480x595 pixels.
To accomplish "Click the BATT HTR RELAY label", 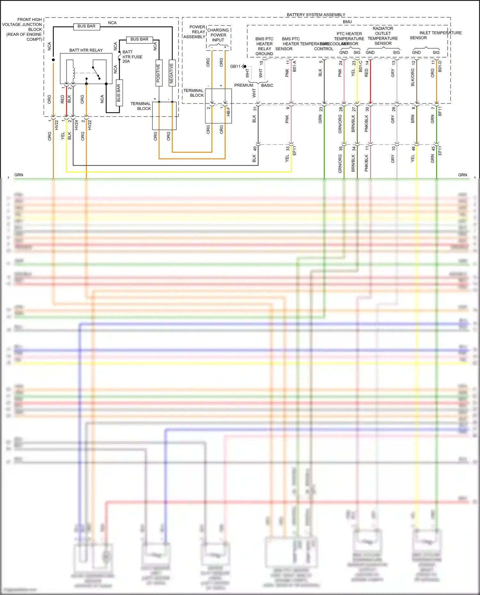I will (x=86, y=50).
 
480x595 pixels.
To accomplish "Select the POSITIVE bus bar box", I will (x=159, y=73).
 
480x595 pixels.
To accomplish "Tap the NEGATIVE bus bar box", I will (x=172, y=73).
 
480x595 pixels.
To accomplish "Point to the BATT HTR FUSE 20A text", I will (x=132, y=57).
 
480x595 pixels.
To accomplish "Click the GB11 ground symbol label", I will (x=235, y=67).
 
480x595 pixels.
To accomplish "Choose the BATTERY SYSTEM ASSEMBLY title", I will (x=316, y=15).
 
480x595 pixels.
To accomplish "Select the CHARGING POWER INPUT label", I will (x=218, y=35).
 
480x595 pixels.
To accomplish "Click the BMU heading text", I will (x=347, y=22).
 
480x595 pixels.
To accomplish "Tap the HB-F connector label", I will (x=228, y=111).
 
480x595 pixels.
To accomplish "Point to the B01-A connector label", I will (x=294, y=66).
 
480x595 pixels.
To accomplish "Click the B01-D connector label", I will (x=440, y=66).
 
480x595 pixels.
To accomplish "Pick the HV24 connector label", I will (x=76, y=125).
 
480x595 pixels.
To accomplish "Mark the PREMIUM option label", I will (x=244, y=85).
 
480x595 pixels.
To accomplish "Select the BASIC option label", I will (x=267, y=85).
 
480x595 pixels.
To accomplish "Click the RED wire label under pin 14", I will (x=366, y=73).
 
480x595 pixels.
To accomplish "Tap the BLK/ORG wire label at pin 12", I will (x=413, y=77).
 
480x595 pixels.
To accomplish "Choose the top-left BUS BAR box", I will (x=86, y=26).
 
